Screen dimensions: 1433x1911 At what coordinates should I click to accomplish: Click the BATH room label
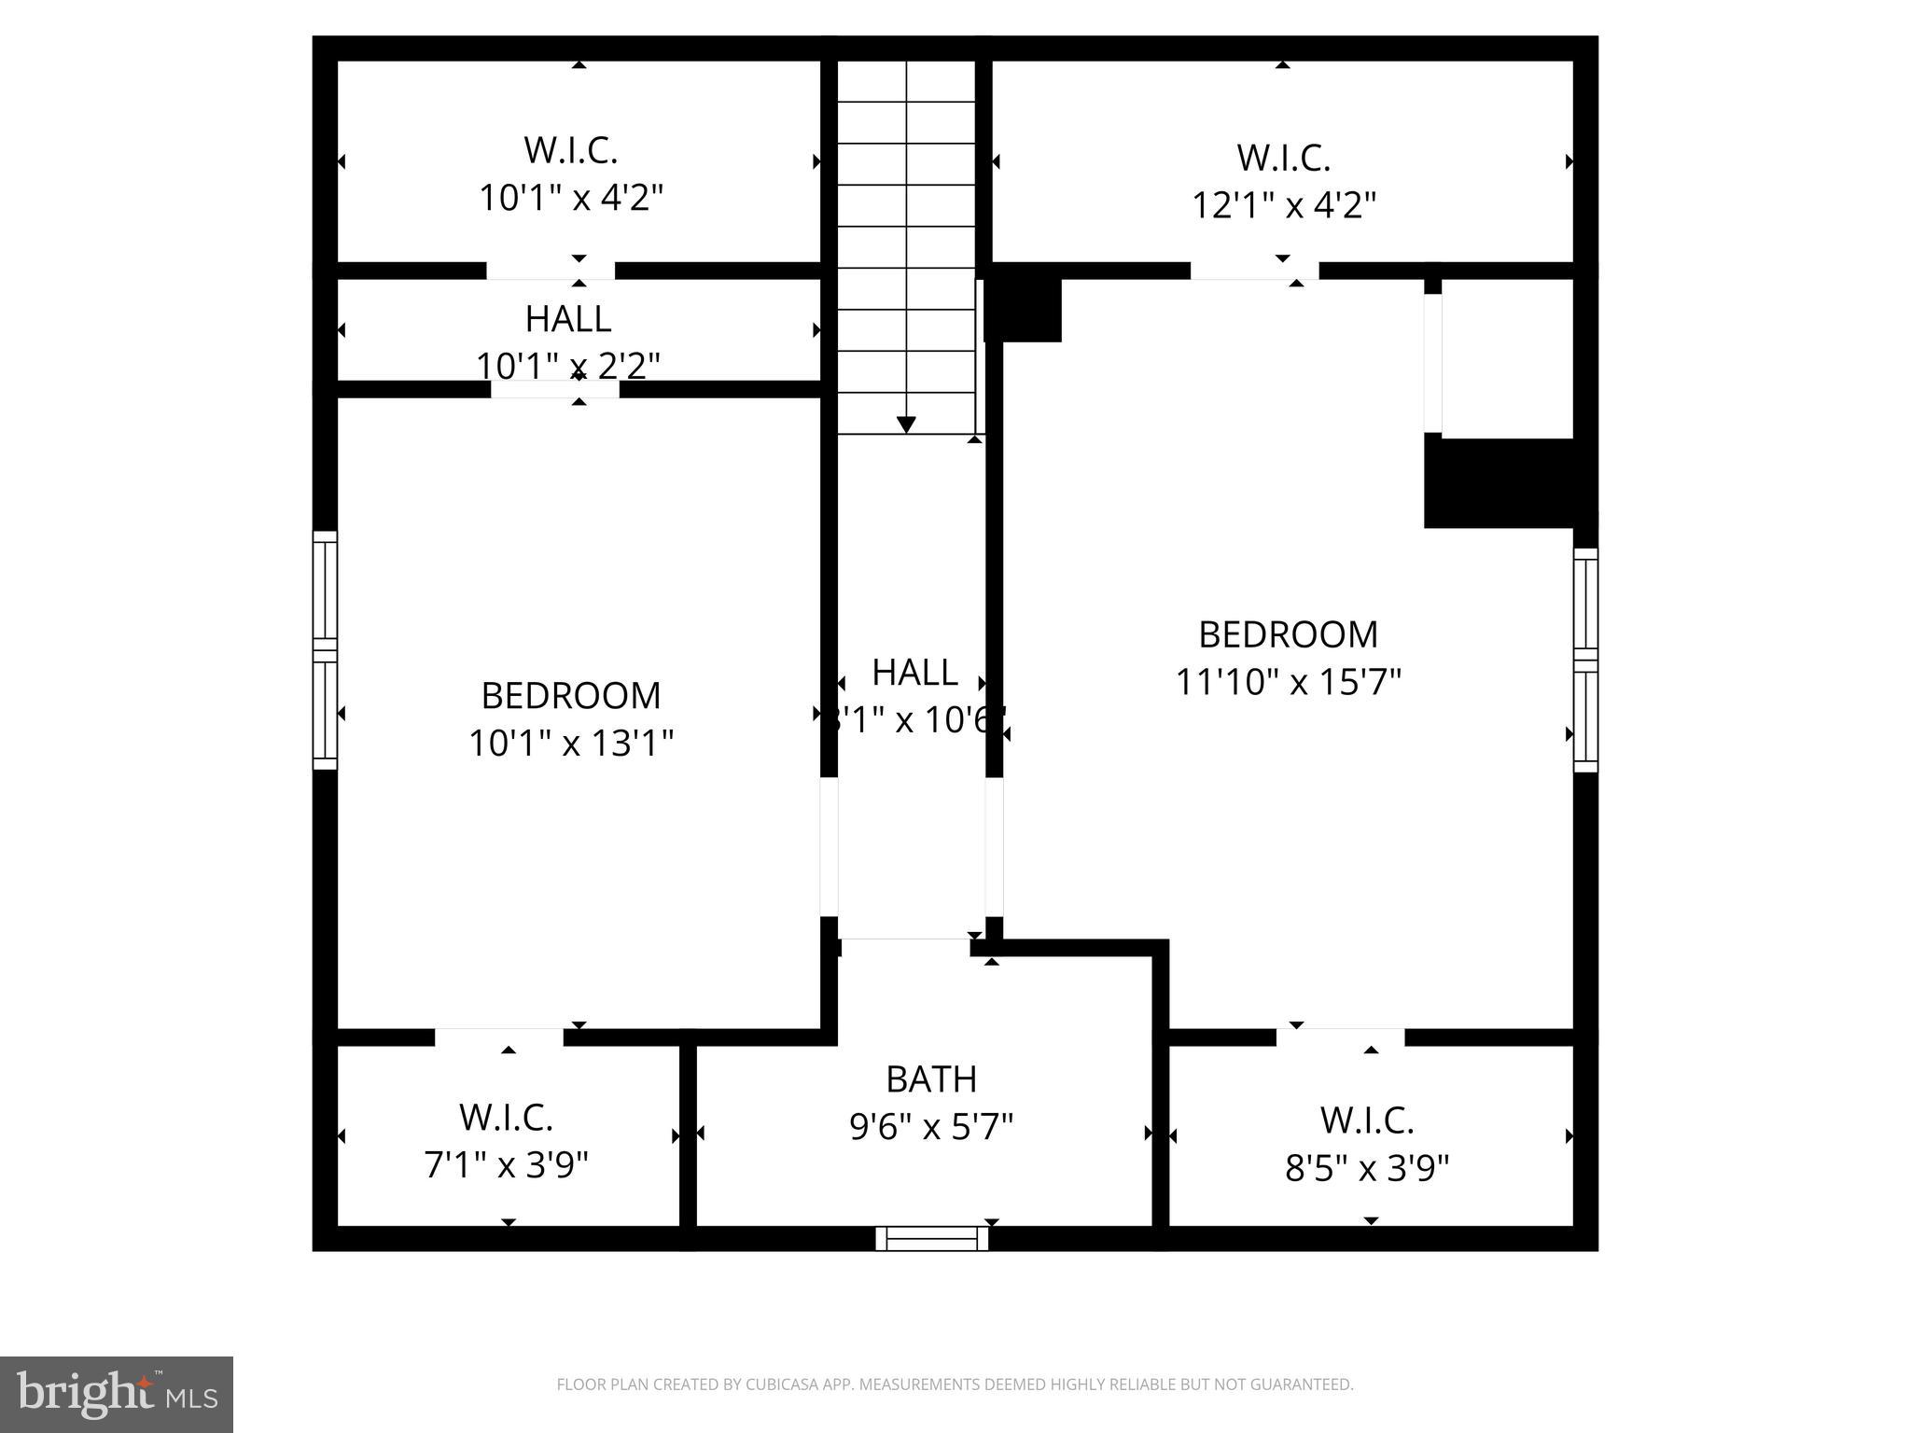[930, 1079]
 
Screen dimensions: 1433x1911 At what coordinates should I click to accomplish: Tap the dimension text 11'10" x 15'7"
[1288, 682]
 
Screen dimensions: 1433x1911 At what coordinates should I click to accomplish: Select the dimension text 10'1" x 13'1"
[570, 744]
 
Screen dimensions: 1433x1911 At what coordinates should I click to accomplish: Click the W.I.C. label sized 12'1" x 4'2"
[1283, 158]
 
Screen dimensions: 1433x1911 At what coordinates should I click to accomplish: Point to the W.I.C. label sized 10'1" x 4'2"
[570, 150]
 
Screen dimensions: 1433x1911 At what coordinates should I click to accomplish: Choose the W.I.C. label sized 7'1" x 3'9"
[506, 1117]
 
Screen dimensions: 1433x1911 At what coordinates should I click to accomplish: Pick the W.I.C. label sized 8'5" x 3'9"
[1366, 1120]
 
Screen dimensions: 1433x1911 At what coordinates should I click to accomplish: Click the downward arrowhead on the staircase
[905, 424]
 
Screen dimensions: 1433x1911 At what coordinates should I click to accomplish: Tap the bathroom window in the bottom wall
[931, 1238]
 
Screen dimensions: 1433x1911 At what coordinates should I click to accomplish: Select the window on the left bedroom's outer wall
[324, 650]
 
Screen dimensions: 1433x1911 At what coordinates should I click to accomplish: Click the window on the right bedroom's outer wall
[1585, 660]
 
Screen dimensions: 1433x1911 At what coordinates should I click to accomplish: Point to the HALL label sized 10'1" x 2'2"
[568, 319]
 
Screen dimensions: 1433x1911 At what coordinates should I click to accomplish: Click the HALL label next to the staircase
[914, 673]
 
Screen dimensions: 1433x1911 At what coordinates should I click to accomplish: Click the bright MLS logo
[117, 1394]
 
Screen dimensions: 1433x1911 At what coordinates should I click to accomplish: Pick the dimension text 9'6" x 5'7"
[930, 1127]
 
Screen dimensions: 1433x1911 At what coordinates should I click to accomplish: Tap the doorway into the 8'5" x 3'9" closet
[1340, 1036]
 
